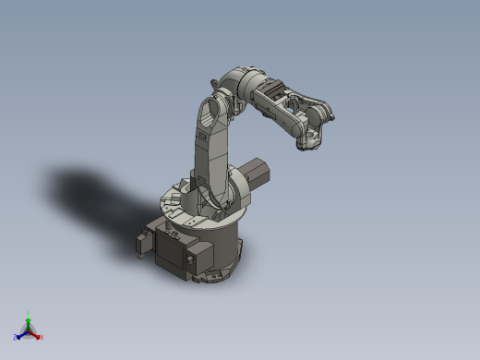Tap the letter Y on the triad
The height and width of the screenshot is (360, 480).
[29, 313]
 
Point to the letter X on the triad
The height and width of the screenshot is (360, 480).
[42, 337]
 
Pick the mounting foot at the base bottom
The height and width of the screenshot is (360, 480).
[214, 275]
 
